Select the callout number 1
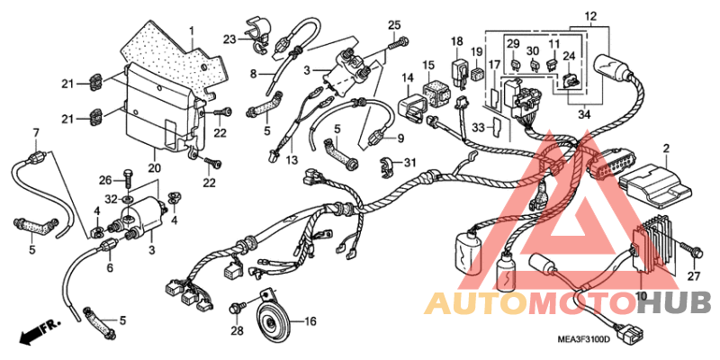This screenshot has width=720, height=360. (x=192, y=31)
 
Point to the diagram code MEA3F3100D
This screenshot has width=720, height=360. (x=583, y=340)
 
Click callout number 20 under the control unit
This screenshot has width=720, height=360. (x=154, y=168)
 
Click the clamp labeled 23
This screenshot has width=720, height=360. (x=256, y=32)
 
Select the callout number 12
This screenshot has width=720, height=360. (x=590, y=17)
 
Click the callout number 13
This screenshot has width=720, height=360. (x=291, y=160)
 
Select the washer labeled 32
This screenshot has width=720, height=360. (x=128, y=200)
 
